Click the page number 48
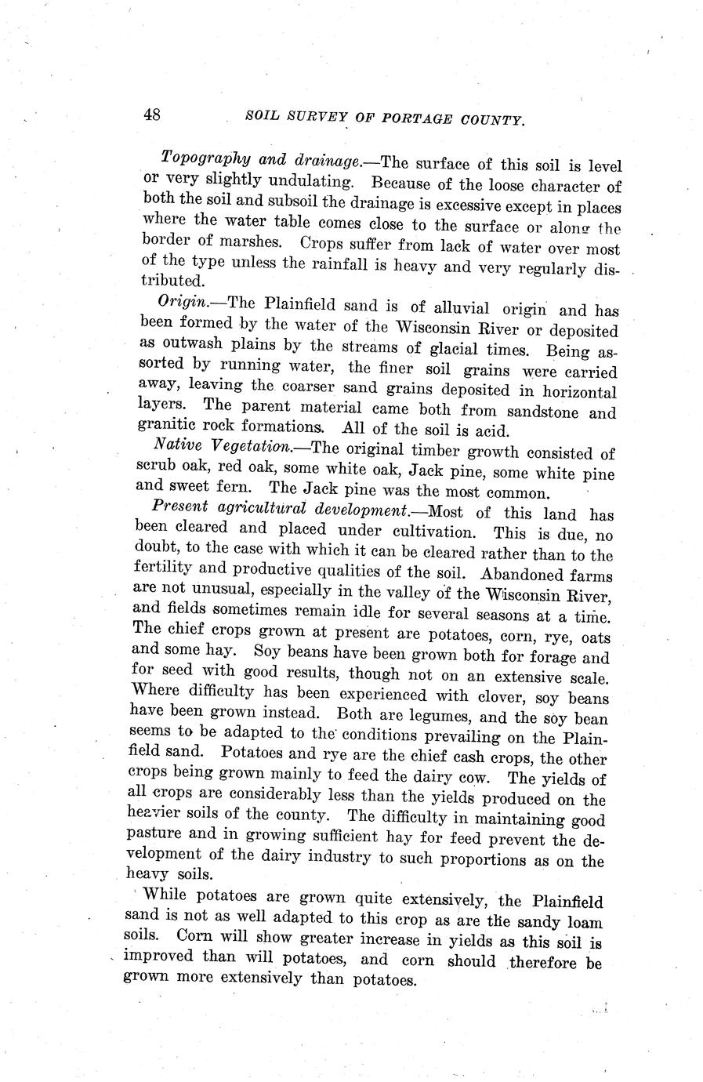pos(152,114)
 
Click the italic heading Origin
pos(180,302)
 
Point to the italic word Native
pos(176,445)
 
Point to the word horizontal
pos(575,391)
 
